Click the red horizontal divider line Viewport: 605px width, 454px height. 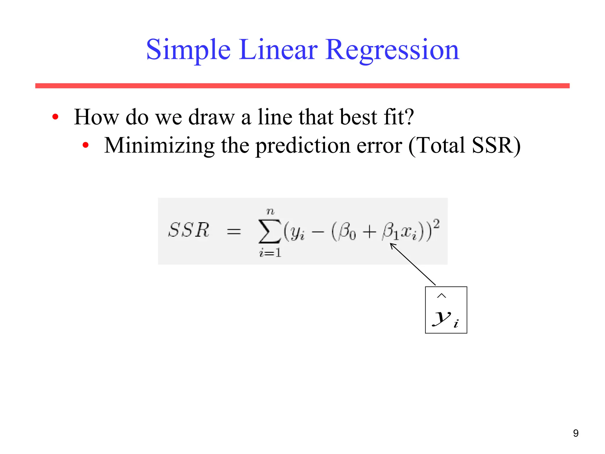click(x=302, y=86)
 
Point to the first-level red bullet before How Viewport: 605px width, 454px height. click(x=55, y=117)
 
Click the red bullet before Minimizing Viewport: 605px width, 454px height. click(x=86, y=145)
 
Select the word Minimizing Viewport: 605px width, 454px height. click(x=159, y=145)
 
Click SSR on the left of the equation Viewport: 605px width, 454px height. click(x=188, y=230)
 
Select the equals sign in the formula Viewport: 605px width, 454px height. click(x=234, y=232)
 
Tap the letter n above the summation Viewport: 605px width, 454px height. click(x=270, y=211)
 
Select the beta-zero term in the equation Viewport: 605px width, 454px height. click(x=347, y=231)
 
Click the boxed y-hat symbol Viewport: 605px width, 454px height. click(x=446, y=310)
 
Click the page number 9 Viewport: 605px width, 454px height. click(x=575, y=433)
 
